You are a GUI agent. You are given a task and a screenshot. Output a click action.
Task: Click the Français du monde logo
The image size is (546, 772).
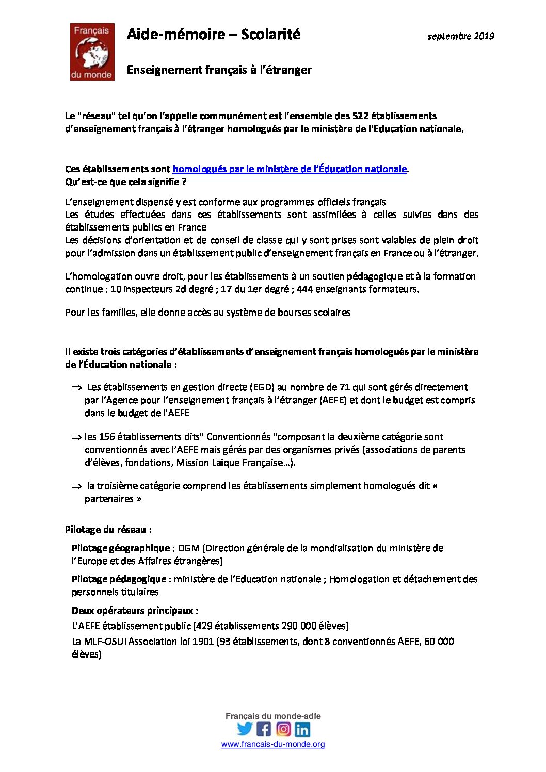click(x=92, y=52)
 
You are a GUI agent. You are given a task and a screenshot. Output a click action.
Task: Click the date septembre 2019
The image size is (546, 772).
click(x=460, y=36)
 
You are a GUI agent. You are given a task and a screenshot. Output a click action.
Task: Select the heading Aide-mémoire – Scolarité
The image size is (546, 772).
click(x=213, y=35)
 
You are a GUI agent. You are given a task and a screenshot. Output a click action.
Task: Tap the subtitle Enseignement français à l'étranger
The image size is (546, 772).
click(x=219, y=70)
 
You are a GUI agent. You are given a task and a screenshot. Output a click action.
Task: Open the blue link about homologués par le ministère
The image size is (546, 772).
click(x=290, y=169)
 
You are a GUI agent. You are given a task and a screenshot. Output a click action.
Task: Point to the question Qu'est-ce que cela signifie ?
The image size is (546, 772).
click(x=125, y=182)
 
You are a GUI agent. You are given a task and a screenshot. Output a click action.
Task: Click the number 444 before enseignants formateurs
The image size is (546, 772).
click(x=304, y=289)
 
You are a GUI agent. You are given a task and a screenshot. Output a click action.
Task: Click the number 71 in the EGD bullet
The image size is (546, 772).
click(x=345, y=387)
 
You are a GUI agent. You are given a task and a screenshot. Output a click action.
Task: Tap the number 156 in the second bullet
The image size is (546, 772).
click(x=107, y=437)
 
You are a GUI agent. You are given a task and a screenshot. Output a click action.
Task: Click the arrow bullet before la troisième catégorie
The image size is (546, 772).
click(x=76, y=486)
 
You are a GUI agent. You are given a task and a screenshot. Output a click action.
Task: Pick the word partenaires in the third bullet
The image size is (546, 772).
click(x=109, y=499)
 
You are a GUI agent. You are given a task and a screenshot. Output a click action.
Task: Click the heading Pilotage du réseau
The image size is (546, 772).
click(x=108, y=530)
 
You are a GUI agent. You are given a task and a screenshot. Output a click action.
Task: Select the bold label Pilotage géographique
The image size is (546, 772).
click(x=121, y=548)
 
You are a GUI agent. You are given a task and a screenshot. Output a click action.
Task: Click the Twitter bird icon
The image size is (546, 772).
click(x=245, y=729)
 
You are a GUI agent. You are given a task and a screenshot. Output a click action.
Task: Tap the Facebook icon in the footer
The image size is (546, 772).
click(x=264, y=729)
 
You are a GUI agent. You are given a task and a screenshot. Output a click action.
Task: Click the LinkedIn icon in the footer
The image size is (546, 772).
click(x=302, y=729)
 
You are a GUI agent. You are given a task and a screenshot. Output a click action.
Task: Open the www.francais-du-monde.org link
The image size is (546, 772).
click(x=273, y=744)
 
